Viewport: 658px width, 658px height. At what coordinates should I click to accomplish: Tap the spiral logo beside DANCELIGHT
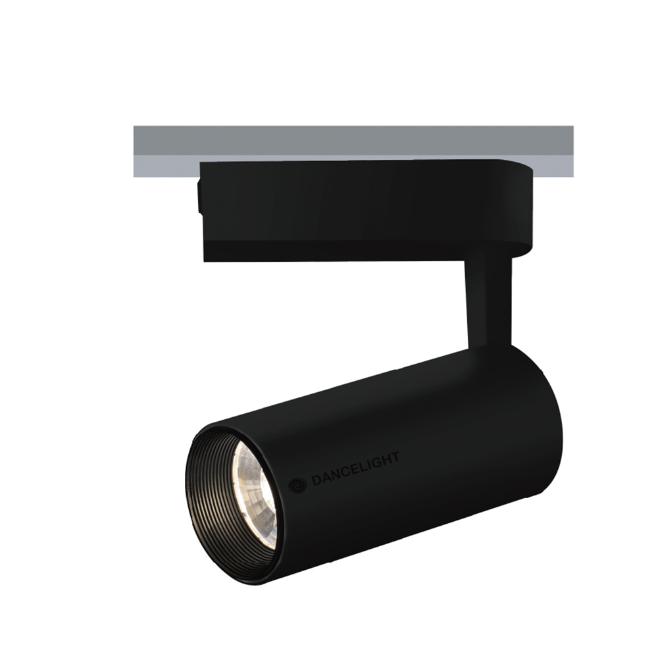click(x=297, y=485)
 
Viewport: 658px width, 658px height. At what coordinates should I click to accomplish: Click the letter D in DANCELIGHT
click(x=316, y=480)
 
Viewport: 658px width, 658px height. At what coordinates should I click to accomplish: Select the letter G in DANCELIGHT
click(x=373, y=463)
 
